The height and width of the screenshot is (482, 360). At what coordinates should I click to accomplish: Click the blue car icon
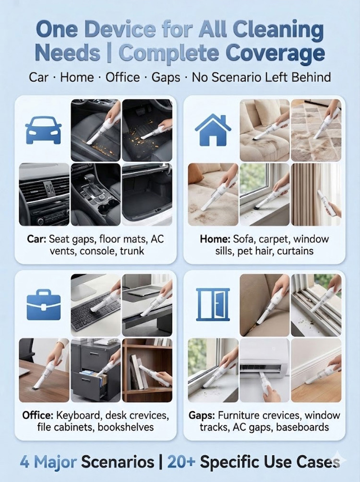tap(43, 130)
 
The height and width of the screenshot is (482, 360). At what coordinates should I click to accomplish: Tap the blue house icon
tap(213, 130)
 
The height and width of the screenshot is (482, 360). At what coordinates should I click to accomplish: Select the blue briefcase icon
tap(43, 304)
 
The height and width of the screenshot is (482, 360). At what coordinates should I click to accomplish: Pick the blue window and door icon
tap(213, 305)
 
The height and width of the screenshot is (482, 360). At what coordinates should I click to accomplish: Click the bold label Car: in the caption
tap(36, 239)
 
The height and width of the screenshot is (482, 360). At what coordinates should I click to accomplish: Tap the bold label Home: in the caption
tap(215, 239)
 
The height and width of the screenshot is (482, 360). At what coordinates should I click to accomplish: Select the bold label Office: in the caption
tap(37, 415)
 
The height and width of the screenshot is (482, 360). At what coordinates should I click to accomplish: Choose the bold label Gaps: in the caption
tap(202, 415)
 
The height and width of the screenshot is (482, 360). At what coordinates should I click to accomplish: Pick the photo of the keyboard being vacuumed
tap(96, 305)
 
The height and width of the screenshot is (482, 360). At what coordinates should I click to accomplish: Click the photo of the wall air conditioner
tap(264, 370)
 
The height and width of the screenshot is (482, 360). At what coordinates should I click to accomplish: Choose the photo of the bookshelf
tap(147, 370)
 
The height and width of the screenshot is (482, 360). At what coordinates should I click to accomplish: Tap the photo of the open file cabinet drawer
tap(96, 370)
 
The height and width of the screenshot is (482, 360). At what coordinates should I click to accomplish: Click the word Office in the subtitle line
tap(123, 77)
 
